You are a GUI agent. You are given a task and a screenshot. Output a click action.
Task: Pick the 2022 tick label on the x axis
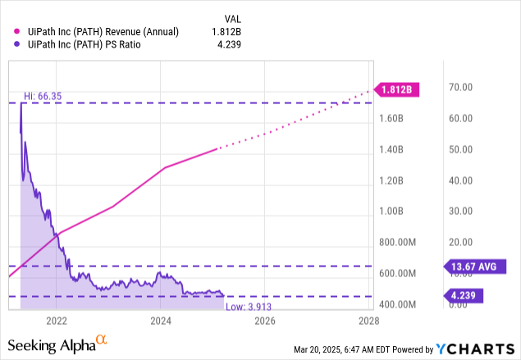57,320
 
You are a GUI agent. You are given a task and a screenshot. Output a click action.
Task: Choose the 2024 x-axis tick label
161,320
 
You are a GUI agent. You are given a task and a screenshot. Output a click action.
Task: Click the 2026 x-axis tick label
264,320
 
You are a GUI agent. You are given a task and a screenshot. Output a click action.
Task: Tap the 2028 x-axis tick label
368,320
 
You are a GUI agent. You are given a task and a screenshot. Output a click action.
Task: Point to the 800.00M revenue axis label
396,243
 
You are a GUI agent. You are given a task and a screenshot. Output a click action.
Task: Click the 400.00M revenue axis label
396,304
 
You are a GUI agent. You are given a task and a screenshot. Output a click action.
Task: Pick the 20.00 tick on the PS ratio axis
457,243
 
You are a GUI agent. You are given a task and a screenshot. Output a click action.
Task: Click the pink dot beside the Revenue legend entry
12,31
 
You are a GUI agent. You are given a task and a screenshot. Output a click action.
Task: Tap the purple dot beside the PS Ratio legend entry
12,44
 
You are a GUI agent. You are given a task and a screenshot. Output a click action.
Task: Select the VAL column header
233,17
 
